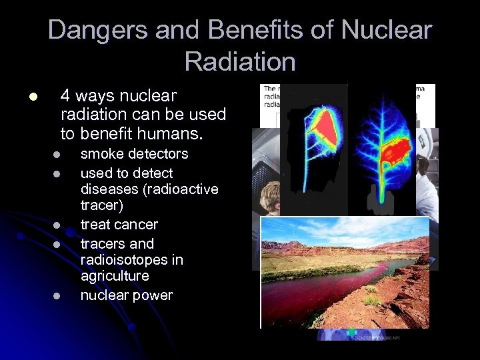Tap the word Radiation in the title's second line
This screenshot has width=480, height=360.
click(x=240, y=61)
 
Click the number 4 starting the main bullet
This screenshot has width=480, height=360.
click(x=65, y=95)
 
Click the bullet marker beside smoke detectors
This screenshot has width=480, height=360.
click(x=58, y=155)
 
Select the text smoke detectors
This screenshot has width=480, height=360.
click(x=134, y=154)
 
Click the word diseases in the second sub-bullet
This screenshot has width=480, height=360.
click(x=108, y=189)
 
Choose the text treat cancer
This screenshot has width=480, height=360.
click(x=119, y=225)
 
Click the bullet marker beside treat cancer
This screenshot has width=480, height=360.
click(x=58, y=225)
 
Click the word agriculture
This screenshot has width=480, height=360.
click(x=115, y=276)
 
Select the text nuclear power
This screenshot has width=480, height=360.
click(x=126, y=295)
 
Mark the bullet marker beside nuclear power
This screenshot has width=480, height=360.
click(x=58, y=296)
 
